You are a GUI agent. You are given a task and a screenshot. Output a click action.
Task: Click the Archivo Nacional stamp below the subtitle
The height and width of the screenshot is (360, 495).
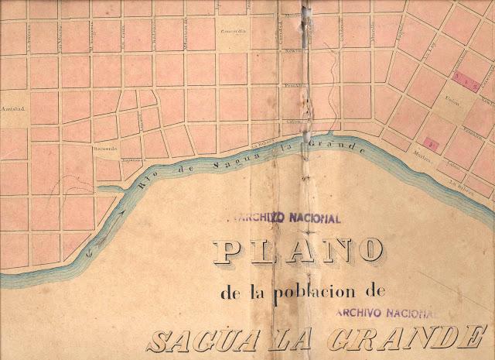386,312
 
